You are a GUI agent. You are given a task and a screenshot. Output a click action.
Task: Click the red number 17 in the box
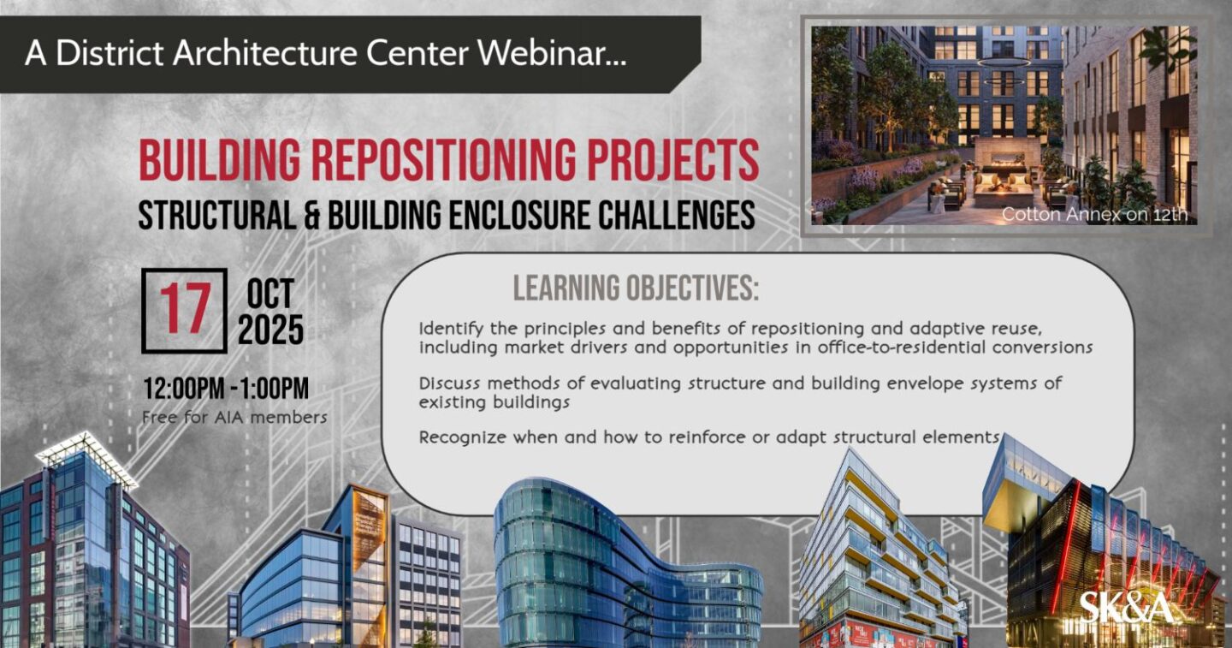[185, 309]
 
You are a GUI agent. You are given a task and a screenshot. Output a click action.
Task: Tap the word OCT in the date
[270, 294]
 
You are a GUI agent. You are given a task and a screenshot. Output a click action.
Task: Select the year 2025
[270, 330]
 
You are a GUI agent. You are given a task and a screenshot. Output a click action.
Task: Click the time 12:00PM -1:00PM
[226, 389]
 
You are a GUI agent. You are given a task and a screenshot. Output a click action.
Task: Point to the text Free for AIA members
[234, 418]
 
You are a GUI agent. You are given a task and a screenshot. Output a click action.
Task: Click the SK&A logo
[1126, 608]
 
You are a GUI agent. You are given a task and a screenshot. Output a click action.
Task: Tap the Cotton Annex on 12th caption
[1094, 214]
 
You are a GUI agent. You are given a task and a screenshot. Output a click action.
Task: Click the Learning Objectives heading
[636, 288]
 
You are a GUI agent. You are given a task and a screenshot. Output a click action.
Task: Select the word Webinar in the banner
[552, 53]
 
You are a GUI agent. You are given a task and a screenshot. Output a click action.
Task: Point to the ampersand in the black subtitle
[311, 215]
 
